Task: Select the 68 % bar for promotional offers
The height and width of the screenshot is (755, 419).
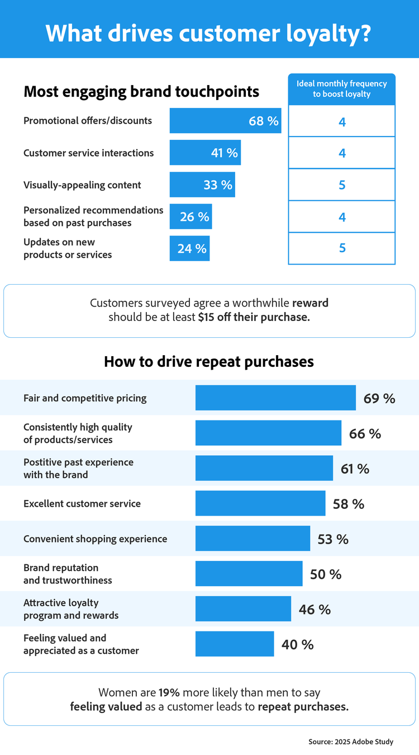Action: click(x=225, y=121)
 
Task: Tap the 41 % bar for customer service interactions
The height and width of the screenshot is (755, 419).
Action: click(x=205, y=153)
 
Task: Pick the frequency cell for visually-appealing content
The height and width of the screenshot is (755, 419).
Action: click(x=342, y=185)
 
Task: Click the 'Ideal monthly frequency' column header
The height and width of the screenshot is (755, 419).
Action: click(x=341, y=89)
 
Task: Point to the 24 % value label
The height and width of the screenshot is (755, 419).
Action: click(x=192, y=248)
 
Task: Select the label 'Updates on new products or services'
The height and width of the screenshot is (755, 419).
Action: click(x=68, y=248)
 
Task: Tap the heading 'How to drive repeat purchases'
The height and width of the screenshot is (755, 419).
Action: click(x=209, y=361)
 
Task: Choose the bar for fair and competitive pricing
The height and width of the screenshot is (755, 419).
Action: click(x=275, y=398)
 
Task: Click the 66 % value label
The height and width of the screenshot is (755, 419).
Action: click(x=365, y=433)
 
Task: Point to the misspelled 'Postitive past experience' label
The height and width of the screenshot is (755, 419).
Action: click(x=78, y=468)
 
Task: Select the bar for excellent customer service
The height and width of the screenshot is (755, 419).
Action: click(x=260, y=503)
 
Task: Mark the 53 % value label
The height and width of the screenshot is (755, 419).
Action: click(x=333, y=539)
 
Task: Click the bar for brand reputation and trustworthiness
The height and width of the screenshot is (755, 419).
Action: click(x=249, y=574)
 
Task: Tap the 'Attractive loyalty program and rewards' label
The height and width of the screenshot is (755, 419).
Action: click(x=71, y=609)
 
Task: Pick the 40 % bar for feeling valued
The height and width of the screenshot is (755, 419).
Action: click(x=235, y=644)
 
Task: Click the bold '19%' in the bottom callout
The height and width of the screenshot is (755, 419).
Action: click(x=170, y=692)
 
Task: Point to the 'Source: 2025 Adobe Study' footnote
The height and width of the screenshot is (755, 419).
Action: click(x=351, y=742)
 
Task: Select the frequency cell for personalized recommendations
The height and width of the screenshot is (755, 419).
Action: click(x=342, y=217)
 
